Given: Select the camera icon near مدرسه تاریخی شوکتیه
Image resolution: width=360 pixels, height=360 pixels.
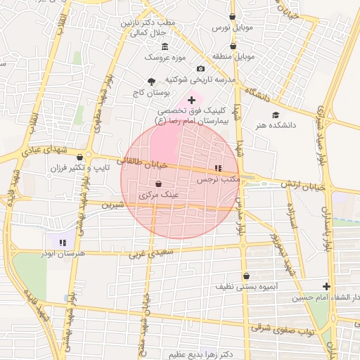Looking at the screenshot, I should [x=200, y=69].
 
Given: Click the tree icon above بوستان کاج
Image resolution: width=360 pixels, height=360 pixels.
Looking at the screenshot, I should [x=151, y=82].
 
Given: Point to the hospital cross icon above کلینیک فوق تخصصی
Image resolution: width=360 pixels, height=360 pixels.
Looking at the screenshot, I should [x=192, y=101].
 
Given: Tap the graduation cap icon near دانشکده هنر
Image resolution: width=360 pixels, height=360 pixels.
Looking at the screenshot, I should [x=274, y=115].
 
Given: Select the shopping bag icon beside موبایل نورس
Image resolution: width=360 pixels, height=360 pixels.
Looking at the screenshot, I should [x=233, y=16].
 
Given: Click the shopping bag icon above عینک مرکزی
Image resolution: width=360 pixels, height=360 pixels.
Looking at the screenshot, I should [x=158, y=184].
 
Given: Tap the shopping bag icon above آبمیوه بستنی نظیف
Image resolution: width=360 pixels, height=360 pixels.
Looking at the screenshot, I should [x=246, y=276].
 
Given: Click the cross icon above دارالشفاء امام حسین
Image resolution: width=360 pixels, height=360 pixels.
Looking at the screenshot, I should [x=326, y=286].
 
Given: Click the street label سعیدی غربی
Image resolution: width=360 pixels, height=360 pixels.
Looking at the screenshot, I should [x=150, y=253].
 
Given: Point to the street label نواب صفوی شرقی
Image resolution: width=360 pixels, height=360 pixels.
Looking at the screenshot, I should [x=281, y=328].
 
